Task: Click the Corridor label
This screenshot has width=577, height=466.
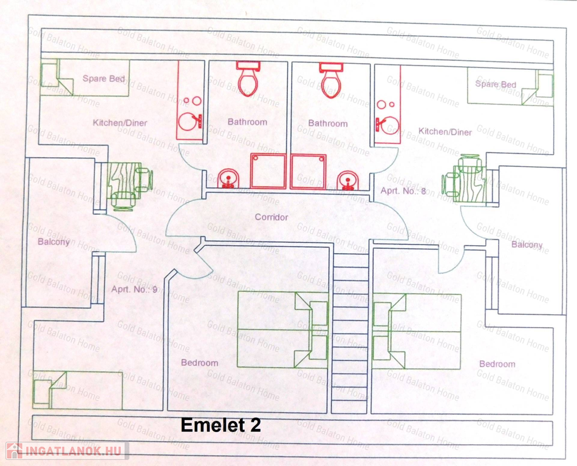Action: [271, 217]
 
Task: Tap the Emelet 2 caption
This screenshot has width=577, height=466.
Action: [221, 425]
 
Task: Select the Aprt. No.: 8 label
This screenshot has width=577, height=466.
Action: [403, 191]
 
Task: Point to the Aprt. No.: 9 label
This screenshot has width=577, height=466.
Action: [134, 289]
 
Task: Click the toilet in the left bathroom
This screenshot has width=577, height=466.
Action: [247, 79]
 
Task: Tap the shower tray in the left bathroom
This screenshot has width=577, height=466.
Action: [268, 171]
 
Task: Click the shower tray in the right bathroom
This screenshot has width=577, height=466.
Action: [308, 172]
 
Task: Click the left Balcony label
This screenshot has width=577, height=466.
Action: [53, 242]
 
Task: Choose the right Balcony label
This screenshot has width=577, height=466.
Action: [527, 245]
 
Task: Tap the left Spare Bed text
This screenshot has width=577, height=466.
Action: [104, 78]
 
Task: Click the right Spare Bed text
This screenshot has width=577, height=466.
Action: [496, 84]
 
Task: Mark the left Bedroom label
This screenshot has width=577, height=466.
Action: [199, 363]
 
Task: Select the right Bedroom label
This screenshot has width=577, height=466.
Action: [497, 364]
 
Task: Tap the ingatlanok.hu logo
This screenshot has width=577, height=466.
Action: [66, 451]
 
